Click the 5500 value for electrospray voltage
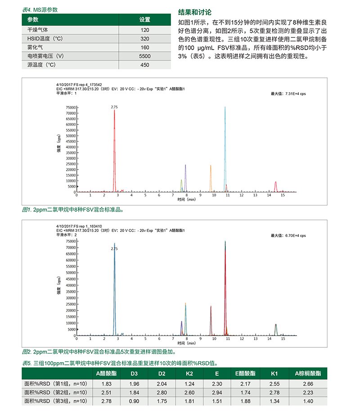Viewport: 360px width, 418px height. tap(144, 56)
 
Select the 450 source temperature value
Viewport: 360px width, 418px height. tap(144, 65)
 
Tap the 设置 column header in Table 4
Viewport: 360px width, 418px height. tap(144, 20)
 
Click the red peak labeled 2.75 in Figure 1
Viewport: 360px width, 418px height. tap(114, 149)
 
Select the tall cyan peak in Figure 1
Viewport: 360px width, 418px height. tap(225, 149)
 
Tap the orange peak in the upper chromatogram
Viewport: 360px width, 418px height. tap(211, 178)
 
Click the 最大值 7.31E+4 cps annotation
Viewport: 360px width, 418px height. tap(288, 94)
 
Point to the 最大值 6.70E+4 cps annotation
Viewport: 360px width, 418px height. tap(288, 235)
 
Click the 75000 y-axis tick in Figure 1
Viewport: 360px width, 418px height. tap(70, 108)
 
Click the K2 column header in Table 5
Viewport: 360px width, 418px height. tap(189, 373)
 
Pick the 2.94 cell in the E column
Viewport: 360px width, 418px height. tap(217, 392)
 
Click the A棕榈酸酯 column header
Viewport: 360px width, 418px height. tap(308, 373)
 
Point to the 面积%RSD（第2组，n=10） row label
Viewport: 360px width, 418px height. tap(58, 392)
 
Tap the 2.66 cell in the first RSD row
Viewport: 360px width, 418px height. tap(308, 384)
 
